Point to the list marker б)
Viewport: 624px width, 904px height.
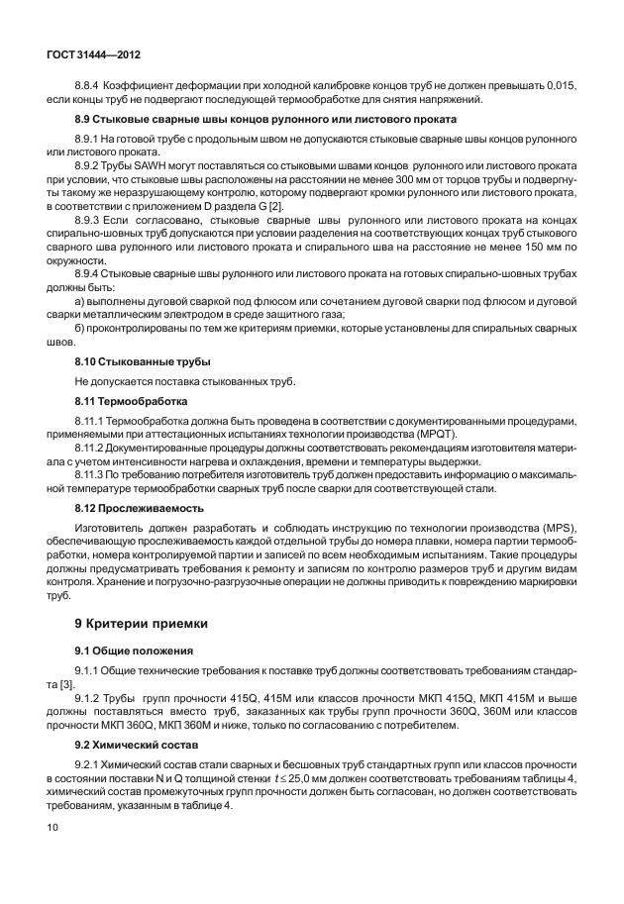(x=81, y=328)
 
